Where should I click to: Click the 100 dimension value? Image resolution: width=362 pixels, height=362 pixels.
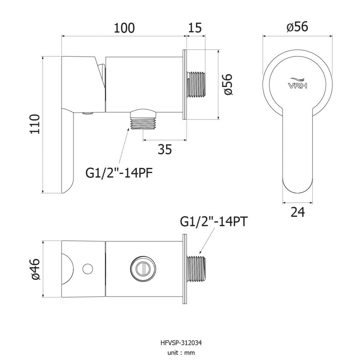(124, 28)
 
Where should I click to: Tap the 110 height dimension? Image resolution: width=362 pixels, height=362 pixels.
(35, 124)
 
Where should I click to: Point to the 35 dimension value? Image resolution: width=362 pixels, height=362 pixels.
(165, 150)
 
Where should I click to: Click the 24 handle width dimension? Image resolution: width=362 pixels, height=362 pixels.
(298, 212)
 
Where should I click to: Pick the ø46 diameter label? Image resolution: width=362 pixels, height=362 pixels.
(35, 269)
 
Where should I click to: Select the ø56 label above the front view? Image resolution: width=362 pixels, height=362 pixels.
(297, 27)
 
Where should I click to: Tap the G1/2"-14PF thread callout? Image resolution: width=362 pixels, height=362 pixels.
(119, 173)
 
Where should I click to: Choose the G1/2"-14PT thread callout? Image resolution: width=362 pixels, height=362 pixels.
(214, 222)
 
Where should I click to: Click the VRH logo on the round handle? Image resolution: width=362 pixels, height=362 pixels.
(298, 83)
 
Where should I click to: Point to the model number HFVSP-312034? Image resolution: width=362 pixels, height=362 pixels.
(181, 343)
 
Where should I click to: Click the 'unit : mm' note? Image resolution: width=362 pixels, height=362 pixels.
(181, 353)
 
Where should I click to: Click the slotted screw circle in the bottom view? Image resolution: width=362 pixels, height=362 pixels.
(143, 269)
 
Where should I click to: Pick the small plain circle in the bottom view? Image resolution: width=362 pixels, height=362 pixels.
(88, 269)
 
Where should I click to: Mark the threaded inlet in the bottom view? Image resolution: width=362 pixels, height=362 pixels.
(196, 269)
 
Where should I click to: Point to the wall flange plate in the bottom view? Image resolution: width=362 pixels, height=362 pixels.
(185, 269)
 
